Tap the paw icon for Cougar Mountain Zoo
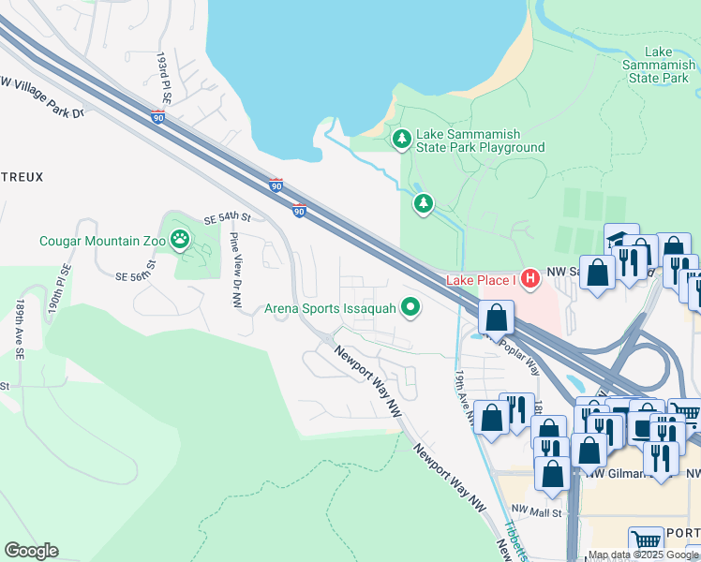[180, 241]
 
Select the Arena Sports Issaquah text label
[330, 307]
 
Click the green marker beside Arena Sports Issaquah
[410, 306]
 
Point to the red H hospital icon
[529, 279]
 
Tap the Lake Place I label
[481, 280]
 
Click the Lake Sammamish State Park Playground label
[480, 140]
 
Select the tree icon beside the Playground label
[402, 140]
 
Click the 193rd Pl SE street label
[166, 78]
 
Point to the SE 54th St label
[229, 217]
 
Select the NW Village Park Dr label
[42, 98]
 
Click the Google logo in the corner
[31, 551]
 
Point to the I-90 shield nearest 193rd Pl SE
[157, 117]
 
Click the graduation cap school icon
[619, 239]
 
